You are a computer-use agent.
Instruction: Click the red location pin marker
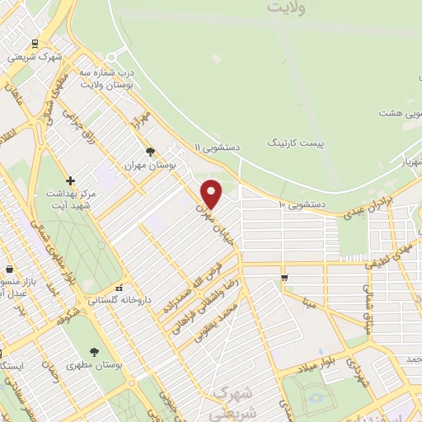pyautogui.click(x=213, y=194)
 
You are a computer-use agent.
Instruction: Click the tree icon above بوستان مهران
pyautogui.click(x=150, y=152)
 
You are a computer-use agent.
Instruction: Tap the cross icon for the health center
pyautogui.click(x=70, y=181)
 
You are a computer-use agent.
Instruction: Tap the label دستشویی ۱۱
pyautogui.click(x=218, y=146)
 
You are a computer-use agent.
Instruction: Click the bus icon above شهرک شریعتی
pyautogui.click(x=34, y=44)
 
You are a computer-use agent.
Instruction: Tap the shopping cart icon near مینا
pyautogui.click(x=284, y=278)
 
